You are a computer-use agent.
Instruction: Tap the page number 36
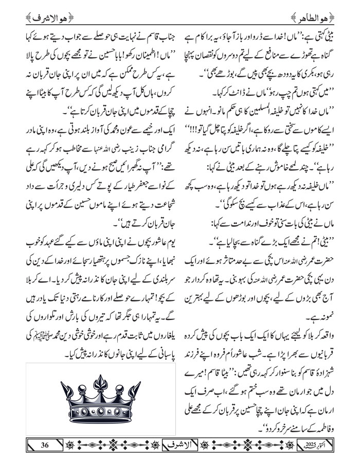(45, 444)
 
